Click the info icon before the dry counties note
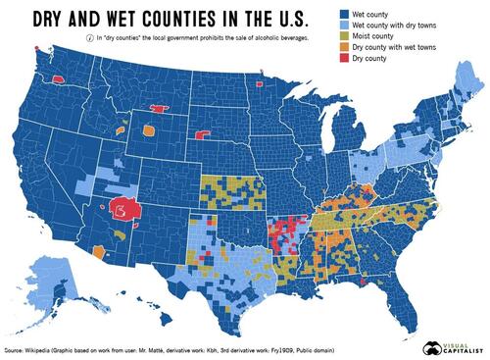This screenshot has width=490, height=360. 89,36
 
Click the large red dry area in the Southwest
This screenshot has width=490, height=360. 124,209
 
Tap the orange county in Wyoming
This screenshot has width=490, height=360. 148,129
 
